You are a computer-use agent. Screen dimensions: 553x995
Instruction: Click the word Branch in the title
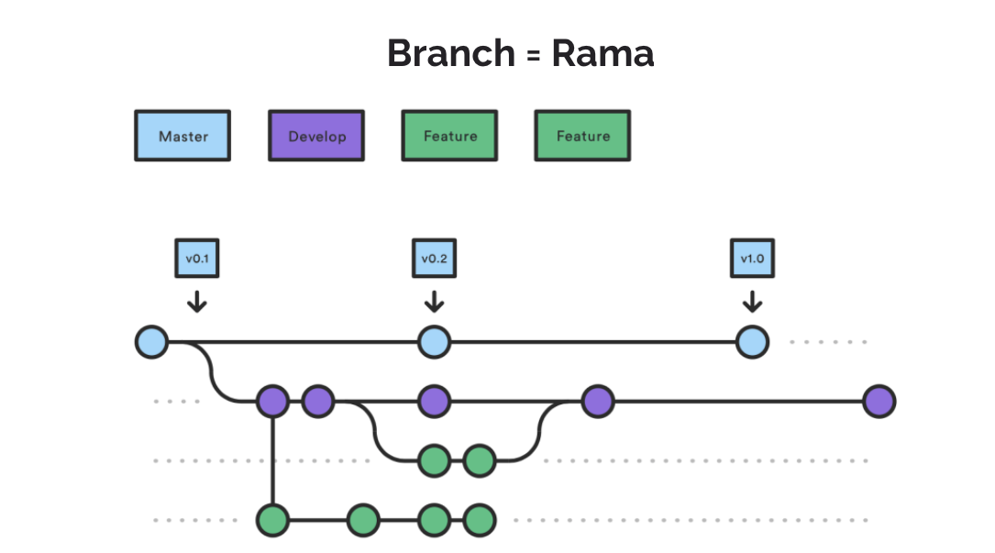[450, 53]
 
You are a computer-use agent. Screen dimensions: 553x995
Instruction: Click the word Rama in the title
[603, 53]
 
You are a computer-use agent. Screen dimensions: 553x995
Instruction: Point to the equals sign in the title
[532, 55]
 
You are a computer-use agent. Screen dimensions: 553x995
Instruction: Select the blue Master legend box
[182, 136]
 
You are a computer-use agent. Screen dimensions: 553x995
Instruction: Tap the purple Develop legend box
[316, 136]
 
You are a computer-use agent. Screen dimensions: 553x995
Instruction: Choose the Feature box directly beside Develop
[449, 136]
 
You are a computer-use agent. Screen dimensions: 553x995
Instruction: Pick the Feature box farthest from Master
[582, 136]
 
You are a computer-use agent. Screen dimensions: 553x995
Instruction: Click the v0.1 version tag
[197, 259]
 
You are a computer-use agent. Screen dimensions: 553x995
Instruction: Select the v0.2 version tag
[434, 259]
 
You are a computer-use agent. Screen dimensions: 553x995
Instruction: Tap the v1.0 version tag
[752, 259]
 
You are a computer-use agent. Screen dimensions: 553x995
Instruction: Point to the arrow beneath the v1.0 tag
[752, 301]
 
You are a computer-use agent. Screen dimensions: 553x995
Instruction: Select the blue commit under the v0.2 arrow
[434, 342]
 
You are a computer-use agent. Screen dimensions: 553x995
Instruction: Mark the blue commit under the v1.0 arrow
[752, 342]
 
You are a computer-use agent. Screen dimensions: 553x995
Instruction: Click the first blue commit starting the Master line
[151, 342]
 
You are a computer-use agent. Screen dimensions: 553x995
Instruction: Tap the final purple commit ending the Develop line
[879, 401]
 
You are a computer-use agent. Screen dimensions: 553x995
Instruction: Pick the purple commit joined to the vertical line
[272, 401]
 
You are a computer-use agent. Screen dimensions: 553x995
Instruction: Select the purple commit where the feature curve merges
[597, 401]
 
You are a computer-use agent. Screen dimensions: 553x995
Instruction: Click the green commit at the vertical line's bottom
[272, 520]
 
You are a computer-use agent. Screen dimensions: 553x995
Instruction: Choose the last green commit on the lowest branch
[479, 520]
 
